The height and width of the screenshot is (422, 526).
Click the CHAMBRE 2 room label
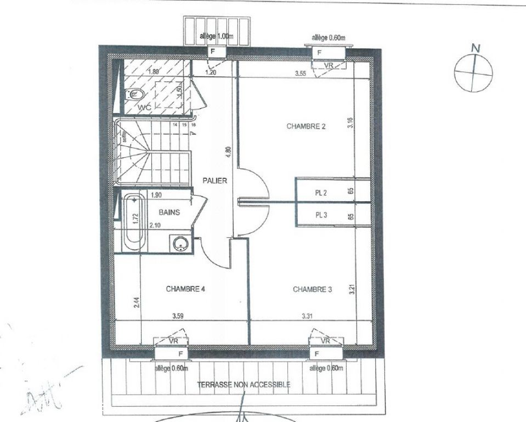pos(306,126)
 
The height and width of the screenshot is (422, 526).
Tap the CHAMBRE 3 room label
pos(312,289)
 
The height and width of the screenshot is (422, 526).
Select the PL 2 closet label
pos(321,192)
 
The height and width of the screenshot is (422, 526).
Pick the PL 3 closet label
pos(321,215)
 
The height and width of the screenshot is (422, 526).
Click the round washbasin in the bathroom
pos(179,243)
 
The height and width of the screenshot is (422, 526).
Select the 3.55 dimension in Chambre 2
pos(299,73)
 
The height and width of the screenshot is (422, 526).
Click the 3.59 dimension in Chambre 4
pos(177,316)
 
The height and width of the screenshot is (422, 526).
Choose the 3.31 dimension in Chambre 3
pos(307,316)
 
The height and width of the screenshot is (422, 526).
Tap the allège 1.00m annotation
pos(214,37)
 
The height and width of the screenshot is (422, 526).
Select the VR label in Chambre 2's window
pos(329,65)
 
